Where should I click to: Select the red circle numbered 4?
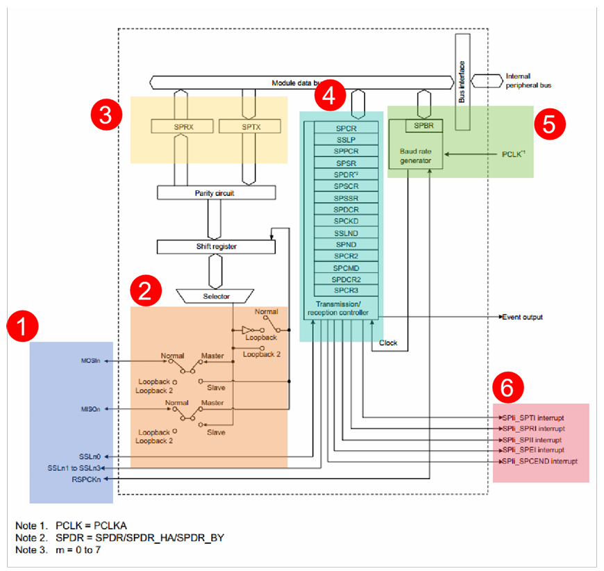tap(330, 96)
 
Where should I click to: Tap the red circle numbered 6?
tap(507, 388)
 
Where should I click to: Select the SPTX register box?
tap(249, 126)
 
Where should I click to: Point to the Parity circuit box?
tap(217, 192)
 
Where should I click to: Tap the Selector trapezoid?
tap(215, 296)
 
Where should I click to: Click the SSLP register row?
tap(346, 140)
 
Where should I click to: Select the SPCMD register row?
tap(346, 267)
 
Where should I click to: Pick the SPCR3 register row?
tap(346, 290)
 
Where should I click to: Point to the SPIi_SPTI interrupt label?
tap(533, 417)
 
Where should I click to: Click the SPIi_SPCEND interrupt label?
tap(539, 461)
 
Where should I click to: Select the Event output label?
tap(522, 317)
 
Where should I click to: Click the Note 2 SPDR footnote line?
tap(119, 537)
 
